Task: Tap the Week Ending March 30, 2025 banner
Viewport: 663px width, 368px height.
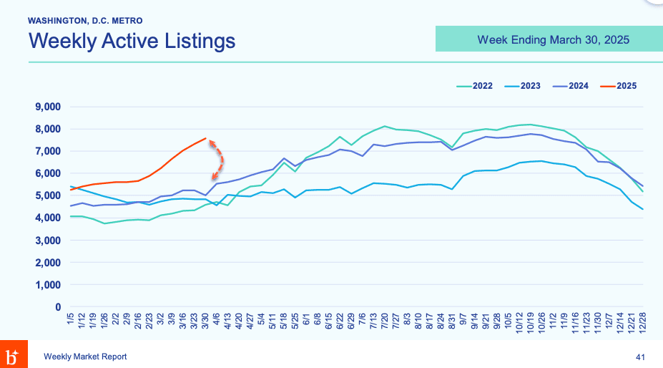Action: [x=553, y=39]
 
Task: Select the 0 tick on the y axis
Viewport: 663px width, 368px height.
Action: [x=57, y=307]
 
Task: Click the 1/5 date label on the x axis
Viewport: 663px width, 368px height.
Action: [x=70, y=319]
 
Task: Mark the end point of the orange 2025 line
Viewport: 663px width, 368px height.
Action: [x=206, y=138]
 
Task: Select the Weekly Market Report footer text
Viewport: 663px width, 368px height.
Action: [x=85, y=357]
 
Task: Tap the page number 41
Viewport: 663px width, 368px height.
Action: [x=641, y=357]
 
